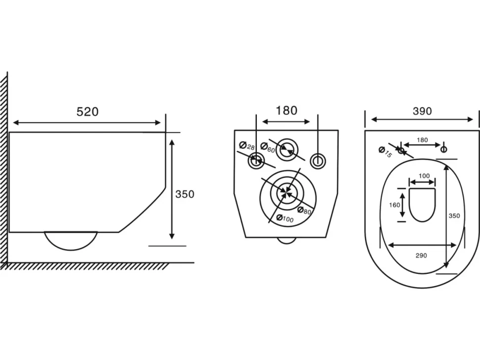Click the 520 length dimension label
point(88,112)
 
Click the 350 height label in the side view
point(185,194)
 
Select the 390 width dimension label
point(422,111)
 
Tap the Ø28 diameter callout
point(247,146)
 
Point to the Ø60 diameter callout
point(268,148)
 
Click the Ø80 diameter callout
point(304,211)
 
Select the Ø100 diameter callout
point(285,219)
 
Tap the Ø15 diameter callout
point(385,152)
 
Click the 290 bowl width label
point(421,256)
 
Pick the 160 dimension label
point(394,205)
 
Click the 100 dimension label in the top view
point(424,176)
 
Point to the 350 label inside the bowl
point(454,216)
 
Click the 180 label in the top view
point(422,140)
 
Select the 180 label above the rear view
point(287,110)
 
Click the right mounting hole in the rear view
point(318,161)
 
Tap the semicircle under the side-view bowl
point(71,250)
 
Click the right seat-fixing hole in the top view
point(443,149)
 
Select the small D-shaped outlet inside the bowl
point(423,205)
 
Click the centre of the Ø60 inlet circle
point(287,149)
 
